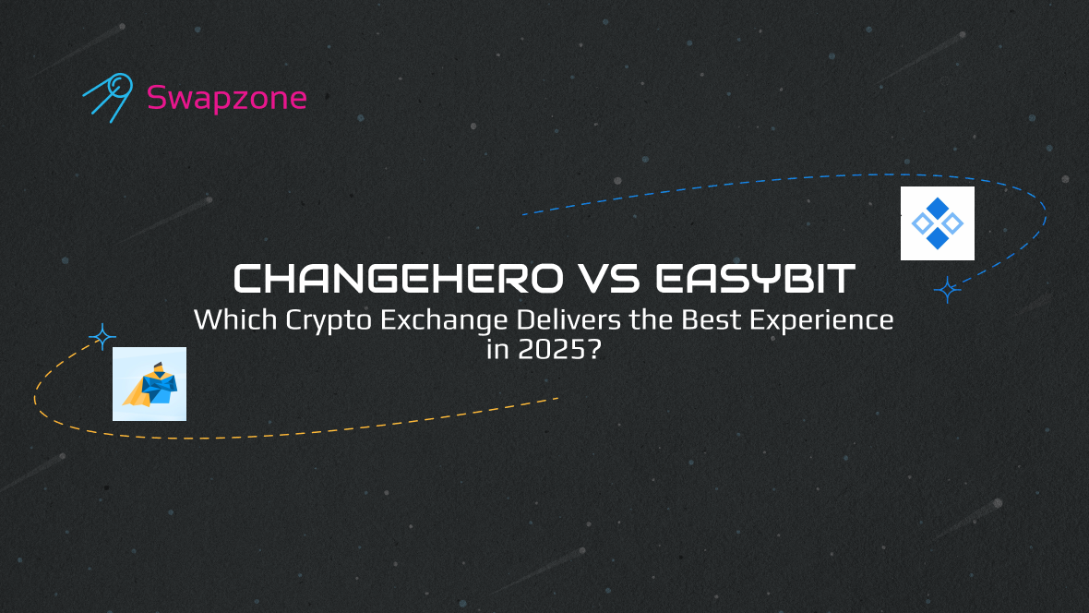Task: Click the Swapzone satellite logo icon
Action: coord(108,97)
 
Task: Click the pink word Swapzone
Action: coord(226,98)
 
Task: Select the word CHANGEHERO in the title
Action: coord(398,279)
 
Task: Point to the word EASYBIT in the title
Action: coord(756,279)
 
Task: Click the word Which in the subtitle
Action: coord(235,319)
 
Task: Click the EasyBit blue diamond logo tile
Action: coord(938,223)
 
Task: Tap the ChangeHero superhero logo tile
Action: coord(150,384)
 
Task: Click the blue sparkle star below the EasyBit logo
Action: coord(947,290)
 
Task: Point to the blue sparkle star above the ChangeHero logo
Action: coord(102,337)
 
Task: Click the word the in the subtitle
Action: coord(652,319)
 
